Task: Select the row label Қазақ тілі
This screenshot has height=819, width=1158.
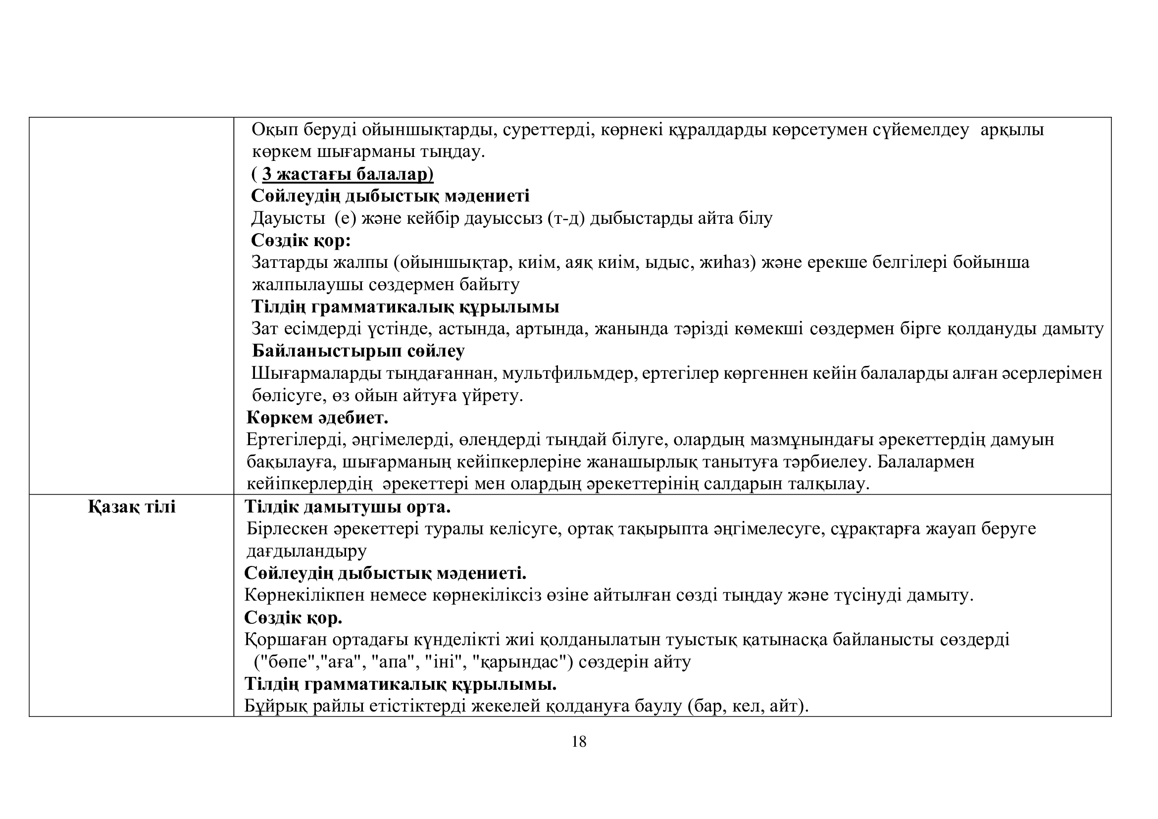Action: tap(132, 507)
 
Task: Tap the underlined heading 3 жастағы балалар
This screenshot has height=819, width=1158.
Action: tap(348, 174)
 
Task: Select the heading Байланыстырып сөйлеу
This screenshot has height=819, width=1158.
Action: tap(358, 351)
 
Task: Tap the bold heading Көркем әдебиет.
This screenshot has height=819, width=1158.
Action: tap(317, 417)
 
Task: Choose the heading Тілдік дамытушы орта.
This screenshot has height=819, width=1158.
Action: tap(347, 507)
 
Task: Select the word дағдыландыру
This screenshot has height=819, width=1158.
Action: tap(306, 551)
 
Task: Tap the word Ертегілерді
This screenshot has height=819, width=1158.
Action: tap(296, 440)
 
